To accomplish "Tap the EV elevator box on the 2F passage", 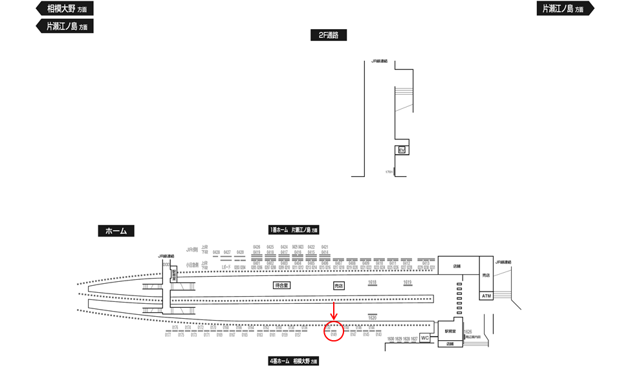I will point(402,150).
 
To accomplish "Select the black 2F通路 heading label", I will point(328,36).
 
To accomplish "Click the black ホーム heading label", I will point(116,231).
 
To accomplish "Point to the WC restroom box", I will point(425,338).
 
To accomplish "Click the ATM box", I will point(487,295).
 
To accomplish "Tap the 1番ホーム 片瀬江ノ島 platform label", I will point(294,230).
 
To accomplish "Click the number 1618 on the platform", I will point(372,282).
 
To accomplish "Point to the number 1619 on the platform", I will point(408,282).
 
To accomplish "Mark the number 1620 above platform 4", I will point(372,317).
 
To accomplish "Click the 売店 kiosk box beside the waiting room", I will point(338,285).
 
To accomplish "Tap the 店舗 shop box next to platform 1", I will point(457,266).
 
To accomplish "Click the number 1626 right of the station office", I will point(468,331).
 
